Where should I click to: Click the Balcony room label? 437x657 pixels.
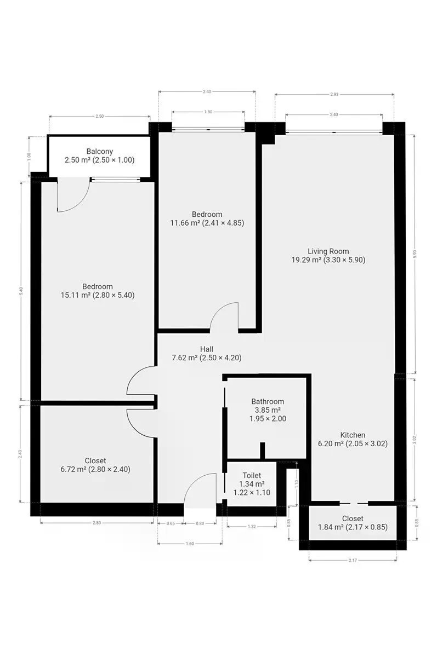coord(100,151)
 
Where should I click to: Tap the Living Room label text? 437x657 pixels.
coord(328,251)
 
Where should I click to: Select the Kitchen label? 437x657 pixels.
coord(353,435)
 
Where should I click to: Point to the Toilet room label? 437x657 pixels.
coord(252,475)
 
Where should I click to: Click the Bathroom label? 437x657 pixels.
coord(268,401)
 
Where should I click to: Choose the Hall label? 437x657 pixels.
coord(207,349)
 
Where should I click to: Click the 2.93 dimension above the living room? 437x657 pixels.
coord(334,94)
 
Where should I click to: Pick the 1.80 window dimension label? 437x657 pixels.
coord(208,112)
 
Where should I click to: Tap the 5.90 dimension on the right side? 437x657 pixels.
coord(415,253)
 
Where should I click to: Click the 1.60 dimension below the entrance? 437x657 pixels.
coord(190,544)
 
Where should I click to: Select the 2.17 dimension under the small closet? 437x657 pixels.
coord(353,560)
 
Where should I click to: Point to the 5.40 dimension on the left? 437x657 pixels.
coord(21,291)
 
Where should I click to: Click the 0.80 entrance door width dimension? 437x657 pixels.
coord(200,523)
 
